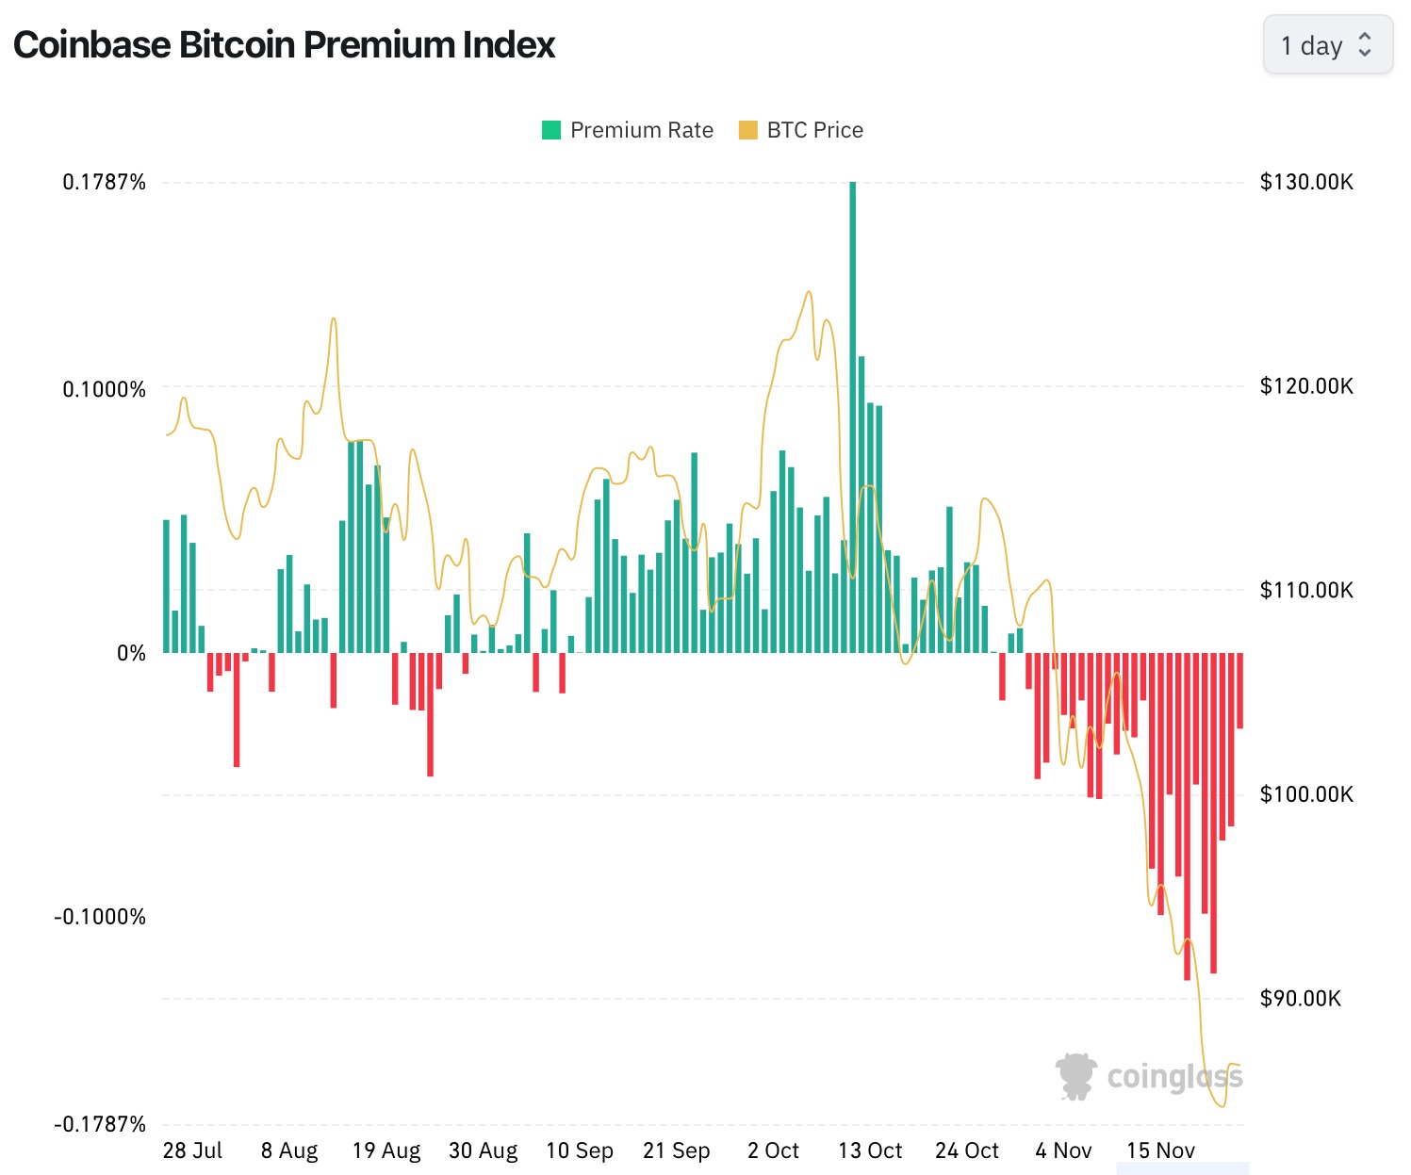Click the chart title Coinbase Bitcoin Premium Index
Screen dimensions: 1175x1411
point(284,45)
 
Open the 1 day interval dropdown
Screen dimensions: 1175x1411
point(1327,45)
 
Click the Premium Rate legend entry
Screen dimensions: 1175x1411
point(628,130)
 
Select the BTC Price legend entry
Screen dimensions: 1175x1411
point(801,130)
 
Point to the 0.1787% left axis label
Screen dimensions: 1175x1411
point(105,182)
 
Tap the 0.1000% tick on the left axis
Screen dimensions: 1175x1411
point(105,389)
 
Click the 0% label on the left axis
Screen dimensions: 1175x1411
point(131,653)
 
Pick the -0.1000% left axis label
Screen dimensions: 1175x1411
point(101,917)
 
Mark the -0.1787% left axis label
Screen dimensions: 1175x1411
point(101,1124)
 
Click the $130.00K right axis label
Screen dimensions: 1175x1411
point(1306,182)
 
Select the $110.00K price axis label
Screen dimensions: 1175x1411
point(1306,590)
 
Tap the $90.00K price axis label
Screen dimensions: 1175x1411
point(1301,998)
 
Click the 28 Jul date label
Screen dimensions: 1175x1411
point(192,1151)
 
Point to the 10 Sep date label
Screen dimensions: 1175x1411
point(580,1151)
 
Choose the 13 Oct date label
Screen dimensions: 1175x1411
point(870,1151)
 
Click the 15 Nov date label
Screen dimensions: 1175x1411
point(1160,1151)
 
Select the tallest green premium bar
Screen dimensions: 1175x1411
point(853,415)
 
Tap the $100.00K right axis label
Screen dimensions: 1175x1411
point(1306,794)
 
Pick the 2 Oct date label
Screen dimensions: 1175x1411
point(773,1151)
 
